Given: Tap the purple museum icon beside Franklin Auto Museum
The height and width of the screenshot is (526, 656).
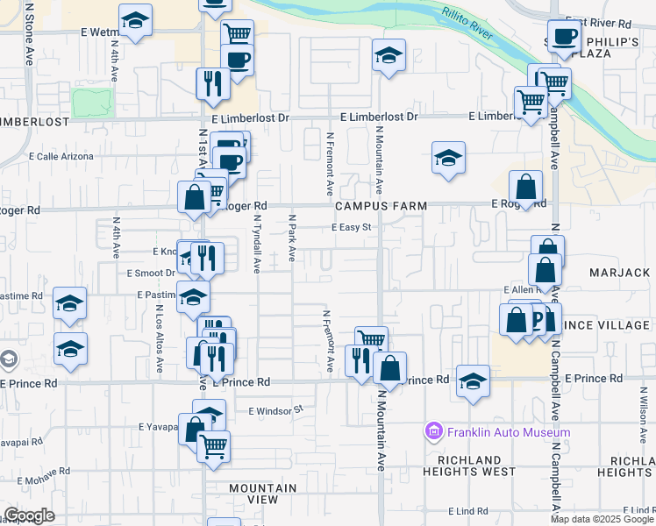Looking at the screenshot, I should click(433, 431).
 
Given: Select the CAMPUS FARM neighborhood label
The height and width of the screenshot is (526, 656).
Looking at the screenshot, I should click(381, 206).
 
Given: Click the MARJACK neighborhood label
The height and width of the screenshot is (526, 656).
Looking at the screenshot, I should click(620, 274).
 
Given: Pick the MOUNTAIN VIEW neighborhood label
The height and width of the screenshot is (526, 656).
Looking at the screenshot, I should click(262, 493).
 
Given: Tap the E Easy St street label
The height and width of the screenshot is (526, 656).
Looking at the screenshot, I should click(353, 227).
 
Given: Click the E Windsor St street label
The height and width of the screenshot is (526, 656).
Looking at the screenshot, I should click(275, 409).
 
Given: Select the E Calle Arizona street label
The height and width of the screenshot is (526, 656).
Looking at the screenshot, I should click(61, 156).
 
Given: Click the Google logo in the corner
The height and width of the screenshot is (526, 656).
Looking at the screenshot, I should click(29, 515).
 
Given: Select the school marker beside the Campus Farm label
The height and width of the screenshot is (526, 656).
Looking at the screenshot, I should click(448, 159).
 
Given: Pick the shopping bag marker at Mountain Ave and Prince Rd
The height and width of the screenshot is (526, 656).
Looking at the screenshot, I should click(389, 368).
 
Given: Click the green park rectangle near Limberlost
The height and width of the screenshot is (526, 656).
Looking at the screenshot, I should click(93, 103).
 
